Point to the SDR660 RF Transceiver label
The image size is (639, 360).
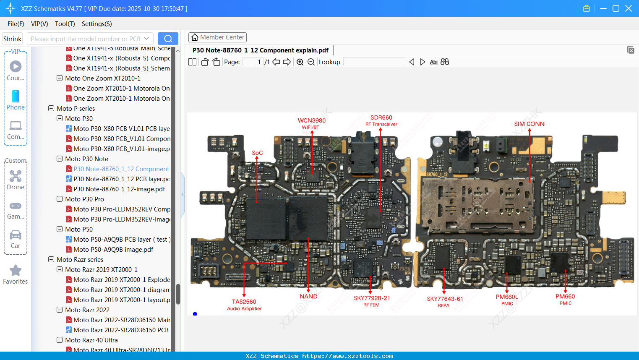[381, 120]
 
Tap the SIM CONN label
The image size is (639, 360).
[529, 124]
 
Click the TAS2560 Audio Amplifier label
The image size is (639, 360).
[244, 305]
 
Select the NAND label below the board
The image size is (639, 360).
[308, 296]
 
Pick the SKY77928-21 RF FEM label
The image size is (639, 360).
[372, 301]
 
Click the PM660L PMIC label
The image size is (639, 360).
[507, 300]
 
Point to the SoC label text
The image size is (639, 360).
[257, 153]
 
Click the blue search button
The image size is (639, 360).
[168, 39]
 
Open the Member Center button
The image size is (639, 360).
[217, 37]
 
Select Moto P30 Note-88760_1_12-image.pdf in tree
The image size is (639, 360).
[119, 189]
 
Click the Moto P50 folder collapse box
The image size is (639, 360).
[60, 229]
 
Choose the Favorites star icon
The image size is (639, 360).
[16, 271]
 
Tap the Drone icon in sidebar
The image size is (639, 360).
[16, 176]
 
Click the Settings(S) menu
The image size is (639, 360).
[97, 24]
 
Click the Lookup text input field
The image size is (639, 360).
[374, 62]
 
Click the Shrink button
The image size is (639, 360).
[13, 39]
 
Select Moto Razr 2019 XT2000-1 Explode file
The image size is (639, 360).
[122, 280]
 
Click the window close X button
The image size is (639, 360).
[628, 8]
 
